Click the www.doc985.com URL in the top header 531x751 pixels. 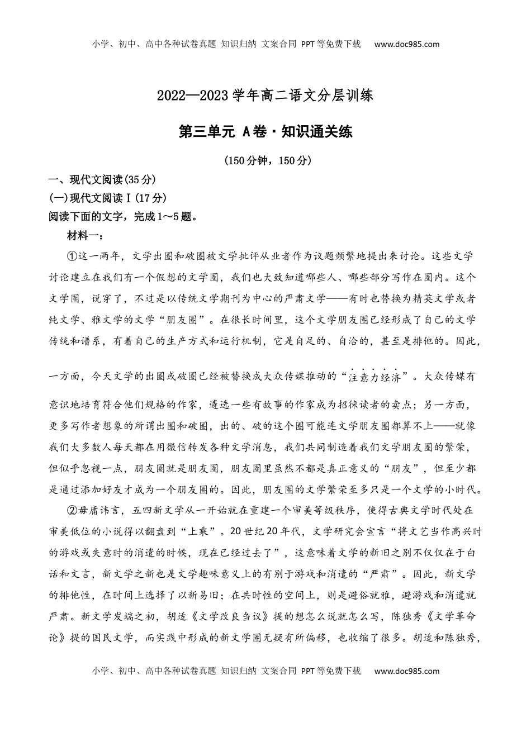[406, 45]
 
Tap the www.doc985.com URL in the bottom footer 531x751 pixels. [406, 671]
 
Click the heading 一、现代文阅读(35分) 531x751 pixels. [102, 179]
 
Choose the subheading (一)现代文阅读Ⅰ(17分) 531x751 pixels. [108, 198]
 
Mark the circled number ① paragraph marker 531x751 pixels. [72, 256]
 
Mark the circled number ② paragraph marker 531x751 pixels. [72, 510]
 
